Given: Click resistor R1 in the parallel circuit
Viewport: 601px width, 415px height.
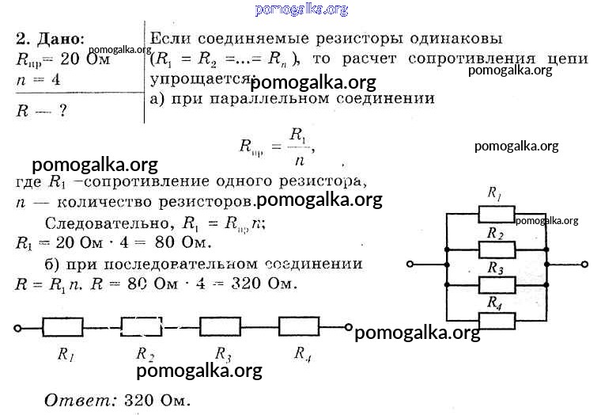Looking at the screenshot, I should tap(496, 213).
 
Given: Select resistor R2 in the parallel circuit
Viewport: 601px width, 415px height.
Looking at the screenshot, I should tap(496, 249).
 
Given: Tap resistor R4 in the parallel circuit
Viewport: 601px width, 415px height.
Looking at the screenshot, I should tap(496, 320).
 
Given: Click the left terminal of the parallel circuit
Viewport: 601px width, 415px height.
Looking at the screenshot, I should tap(408, 266).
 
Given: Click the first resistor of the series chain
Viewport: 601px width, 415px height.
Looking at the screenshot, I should tap(62, 326).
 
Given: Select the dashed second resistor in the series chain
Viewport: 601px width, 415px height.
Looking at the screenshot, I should tap(142, 326).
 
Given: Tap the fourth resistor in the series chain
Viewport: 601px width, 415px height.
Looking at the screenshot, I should tap(300, 326).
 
